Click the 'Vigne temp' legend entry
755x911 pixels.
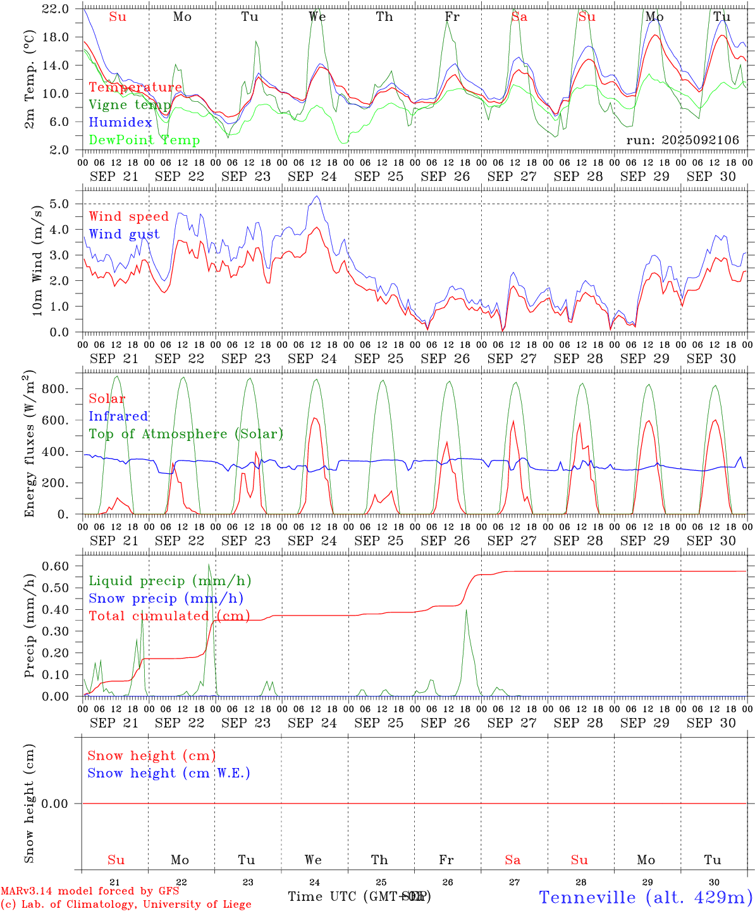pos(130,105)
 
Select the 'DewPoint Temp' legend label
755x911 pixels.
pos(144,140)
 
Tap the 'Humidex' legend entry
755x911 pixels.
pos(120,123)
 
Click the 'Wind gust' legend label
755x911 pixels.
pos(124,234)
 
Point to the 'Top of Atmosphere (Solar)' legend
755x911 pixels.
pos(186,434)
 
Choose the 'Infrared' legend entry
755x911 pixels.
pos(118,416)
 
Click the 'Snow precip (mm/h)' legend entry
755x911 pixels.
pos(166,598)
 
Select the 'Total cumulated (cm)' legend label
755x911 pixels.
pos(169,616)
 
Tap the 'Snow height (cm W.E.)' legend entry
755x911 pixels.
pos(168,773)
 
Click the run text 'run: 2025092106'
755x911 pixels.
pos(682,140)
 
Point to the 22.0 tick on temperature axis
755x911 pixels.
pos(56,9)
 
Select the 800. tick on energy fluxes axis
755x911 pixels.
pos(54,388)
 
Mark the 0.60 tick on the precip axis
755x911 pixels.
pos(55,566)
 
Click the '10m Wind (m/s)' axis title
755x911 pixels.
pos(36,259)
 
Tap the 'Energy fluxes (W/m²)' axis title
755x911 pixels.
pos(30,443)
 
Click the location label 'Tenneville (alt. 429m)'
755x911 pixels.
pos(645,897)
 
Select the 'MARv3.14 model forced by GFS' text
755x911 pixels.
pos(90,891)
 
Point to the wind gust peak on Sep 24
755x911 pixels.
pos(317,196)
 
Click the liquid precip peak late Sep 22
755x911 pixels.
pos(209,564)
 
